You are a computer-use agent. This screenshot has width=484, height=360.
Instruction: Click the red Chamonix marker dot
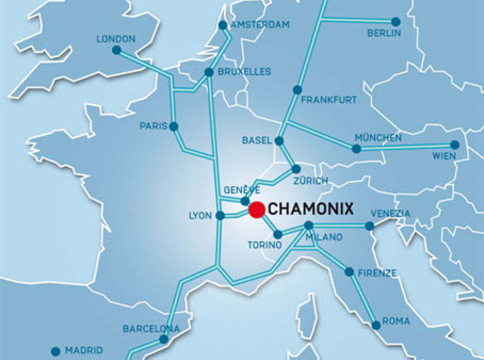257,210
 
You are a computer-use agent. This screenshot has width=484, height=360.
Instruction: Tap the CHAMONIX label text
311,209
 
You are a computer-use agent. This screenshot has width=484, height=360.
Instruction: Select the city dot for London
116,50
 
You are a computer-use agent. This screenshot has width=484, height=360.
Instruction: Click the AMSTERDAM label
260,25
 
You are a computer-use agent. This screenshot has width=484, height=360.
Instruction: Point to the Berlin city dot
396,22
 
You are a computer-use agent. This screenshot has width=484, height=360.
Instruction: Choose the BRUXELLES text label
245,72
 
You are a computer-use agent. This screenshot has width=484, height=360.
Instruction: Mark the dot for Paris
173,127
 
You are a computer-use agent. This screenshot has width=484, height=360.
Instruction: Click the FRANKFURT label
329,100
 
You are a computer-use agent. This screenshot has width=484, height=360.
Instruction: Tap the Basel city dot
279,141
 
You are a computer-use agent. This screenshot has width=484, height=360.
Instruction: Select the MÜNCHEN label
378,138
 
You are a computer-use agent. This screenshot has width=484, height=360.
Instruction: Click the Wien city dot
455,145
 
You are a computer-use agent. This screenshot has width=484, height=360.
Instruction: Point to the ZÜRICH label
310,181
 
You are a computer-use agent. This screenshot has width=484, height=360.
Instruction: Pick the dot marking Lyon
220,215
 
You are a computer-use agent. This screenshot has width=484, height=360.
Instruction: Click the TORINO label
265,245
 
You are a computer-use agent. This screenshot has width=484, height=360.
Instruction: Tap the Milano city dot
308,226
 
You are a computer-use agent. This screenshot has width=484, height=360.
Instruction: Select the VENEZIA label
391,214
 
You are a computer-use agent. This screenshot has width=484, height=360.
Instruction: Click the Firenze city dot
349,272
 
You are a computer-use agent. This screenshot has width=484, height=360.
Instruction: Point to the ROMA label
396,322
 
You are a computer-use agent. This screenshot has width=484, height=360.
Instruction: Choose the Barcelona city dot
163,339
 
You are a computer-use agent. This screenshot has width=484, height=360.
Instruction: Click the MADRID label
84,350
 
